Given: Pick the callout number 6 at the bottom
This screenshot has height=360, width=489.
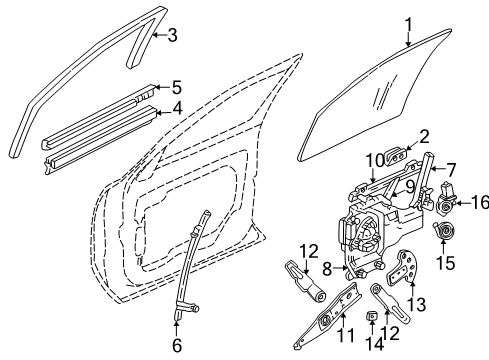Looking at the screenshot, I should (176, 345).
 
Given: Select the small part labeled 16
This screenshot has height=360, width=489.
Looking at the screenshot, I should (446, 201).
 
